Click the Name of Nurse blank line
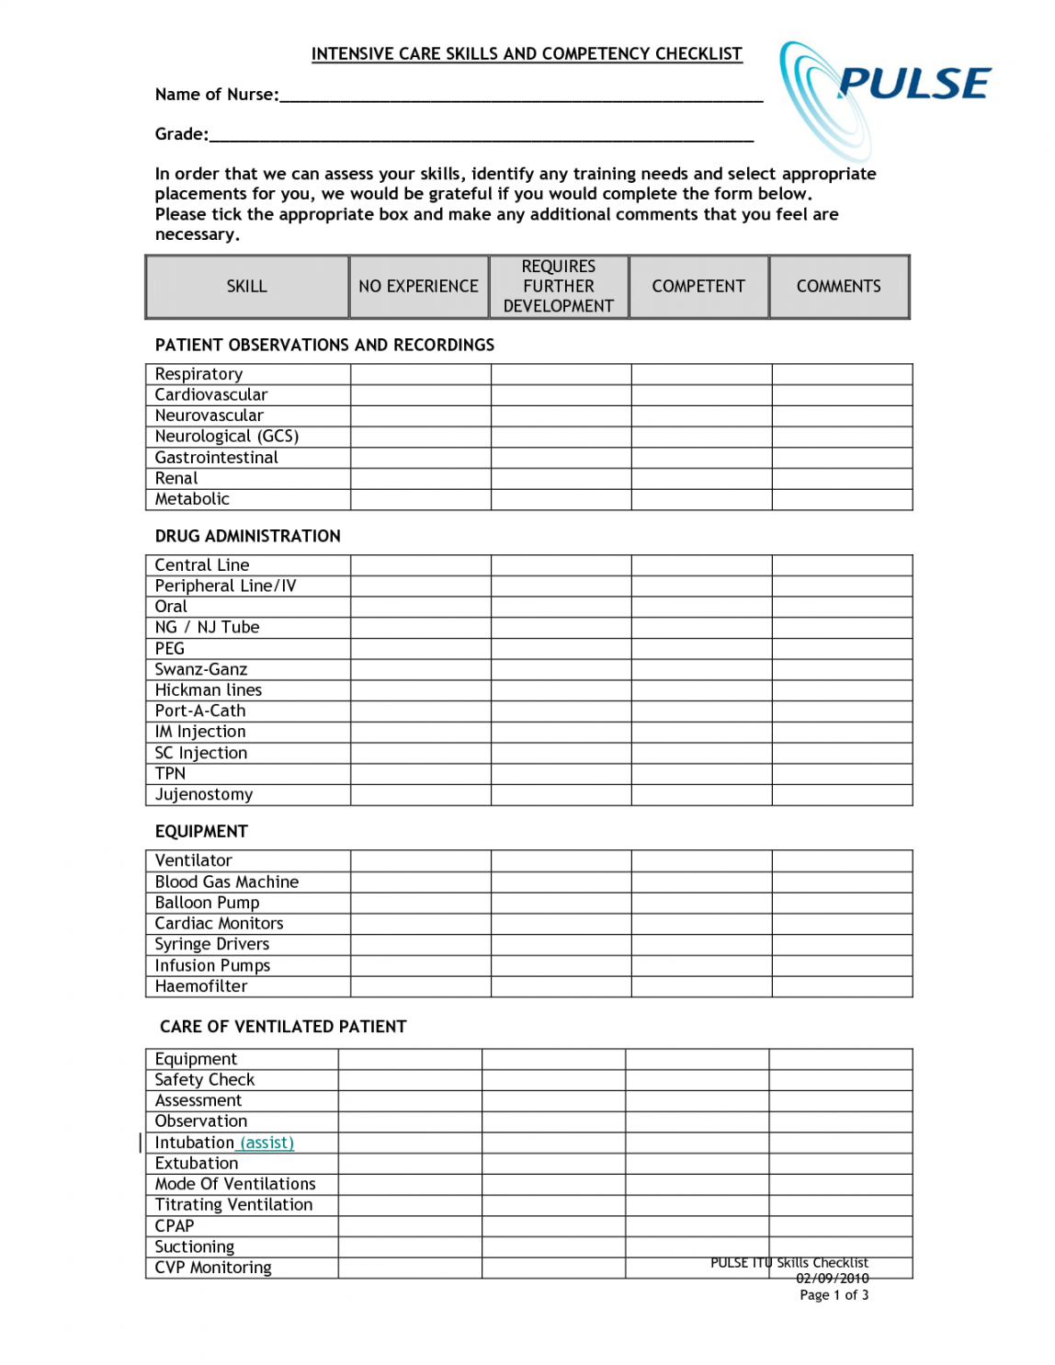(x=520, y=96)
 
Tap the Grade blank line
(x=481, y=135)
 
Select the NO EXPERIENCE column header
(x=418, y=287)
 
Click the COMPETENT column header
(x=698, y=287)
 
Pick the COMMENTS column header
(x=838, y=287)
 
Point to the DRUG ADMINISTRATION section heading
(x=247, y=536)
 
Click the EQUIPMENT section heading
(x=201, y=832)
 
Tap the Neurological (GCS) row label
(x=226, y=437)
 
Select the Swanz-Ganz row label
(x=200, y=669)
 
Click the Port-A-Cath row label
(x=199, y=711)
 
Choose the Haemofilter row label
(x=200, y=986)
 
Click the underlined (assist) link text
(x=267, y=1143)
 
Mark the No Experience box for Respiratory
(x=420, y=374)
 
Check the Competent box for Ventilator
(x=701, y=860)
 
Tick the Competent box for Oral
(x=701, y=607)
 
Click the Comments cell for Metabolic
(x=842, y=499)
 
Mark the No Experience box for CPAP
(x=410, y=1225)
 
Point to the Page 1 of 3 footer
(x=834, y=1295)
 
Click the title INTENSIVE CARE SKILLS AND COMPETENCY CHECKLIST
(x=527, y=54)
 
